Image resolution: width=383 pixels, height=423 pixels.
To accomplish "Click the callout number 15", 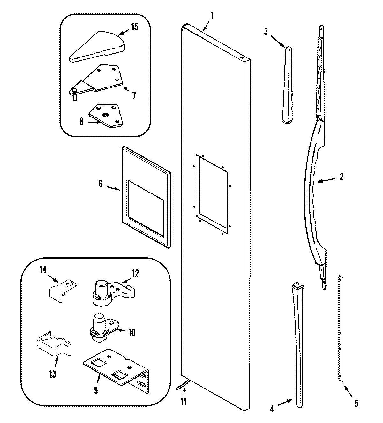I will [134, 27].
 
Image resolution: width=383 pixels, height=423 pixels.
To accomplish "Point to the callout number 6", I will [101, 184].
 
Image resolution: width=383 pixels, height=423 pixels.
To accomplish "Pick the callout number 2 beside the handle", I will [341, 177].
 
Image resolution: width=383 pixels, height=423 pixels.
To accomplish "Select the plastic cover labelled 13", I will [52, 346].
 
